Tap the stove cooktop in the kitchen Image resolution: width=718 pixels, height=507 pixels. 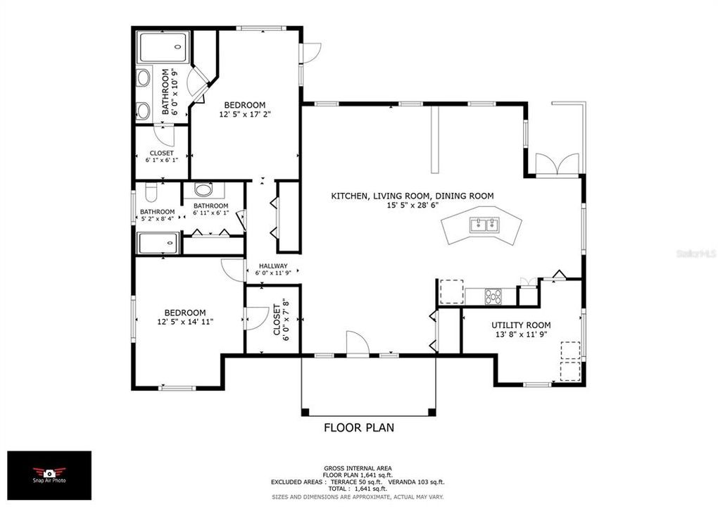pyautogui.click(x=493, y=296)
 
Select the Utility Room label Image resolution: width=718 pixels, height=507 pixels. pyautogui.click(x=521, y=325)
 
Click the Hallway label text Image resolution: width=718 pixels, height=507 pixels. pyautogui.click(x=272, y=265)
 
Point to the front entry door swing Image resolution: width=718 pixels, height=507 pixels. pyautogui.click(x=358, y=344)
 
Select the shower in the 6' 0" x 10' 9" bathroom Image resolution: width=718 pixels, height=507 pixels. pyautogui.click(x=163, y=48)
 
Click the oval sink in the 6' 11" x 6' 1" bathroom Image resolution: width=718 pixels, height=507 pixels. pyautogui.click(x=203, y=189)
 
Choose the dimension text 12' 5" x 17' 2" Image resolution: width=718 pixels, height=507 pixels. pyautogui.click(x=246, y=113)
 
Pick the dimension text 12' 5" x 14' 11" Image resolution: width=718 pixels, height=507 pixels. pyautogui.click(x=185, y=322)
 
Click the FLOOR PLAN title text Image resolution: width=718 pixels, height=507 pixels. pyautogui.click(x=358, y=427)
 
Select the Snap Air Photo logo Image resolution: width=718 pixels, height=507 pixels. pyautogui.click(x=49, y=475)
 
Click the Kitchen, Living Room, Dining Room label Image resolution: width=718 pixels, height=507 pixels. pyautogui.click(x=412, y=196)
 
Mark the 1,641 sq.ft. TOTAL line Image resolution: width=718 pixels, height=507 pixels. pyautogui.click(x=358, y=489)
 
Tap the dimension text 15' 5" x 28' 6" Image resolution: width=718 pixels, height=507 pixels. pyautogui.click(x=412, y=206)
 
